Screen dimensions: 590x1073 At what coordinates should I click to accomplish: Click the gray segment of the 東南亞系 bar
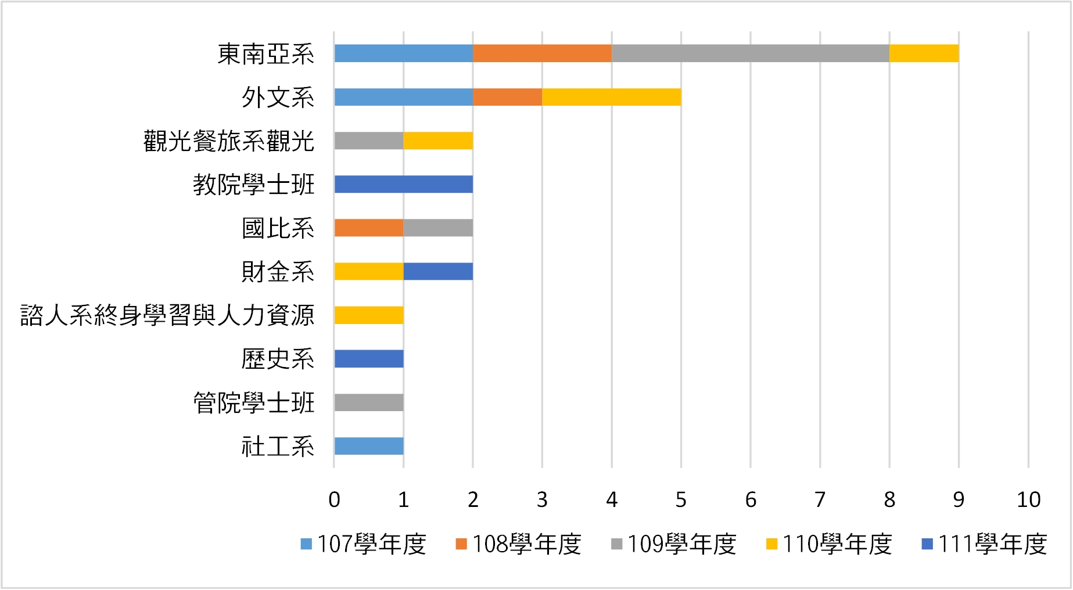750,53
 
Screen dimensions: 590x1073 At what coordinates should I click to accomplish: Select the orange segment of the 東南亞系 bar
542,53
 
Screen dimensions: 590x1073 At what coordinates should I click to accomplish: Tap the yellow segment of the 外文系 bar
611,97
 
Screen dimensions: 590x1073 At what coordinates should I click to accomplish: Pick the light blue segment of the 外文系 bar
403,97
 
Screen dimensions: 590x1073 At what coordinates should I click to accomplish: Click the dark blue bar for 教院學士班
403,184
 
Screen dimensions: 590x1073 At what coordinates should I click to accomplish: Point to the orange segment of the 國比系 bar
369,228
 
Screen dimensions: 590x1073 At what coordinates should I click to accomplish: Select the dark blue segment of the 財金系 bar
438,271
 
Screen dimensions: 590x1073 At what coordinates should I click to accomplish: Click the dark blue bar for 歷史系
369,359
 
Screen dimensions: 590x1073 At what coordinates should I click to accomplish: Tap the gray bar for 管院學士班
369,402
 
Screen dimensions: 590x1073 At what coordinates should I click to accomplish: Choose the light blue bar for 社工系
369,446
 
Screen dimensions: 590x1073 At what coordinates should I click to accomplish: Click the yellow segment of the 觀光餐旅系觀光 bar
438,141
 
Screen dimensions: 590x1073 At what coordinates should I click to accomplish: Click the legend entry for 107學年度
364,544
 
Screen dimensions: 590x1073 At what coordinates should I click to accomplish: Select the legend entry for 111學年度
985,544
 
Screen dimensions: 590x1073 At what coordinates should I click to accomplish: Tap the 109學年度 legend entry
674,544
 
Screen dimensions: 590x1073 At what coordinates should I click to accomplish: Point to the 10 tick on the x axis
1028,499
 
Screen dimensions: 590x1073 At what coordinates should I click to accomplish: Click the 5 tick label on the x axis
681,499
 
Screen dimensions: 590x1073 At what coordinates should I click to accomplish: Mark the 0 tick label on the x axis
334,499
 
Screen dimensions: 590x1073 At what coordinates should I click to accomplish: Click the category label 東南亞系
266,54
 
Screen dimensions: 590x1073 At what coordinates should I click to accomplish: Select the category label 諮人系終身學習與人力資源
167,315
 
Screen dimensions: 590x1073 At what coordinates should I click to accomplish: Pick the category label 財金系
278,272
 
